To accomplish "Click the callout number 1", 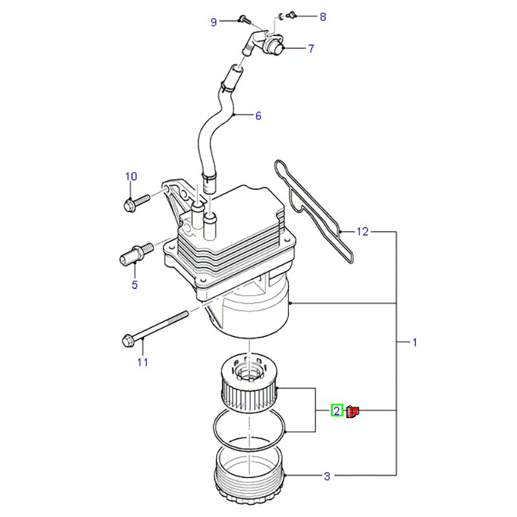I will click(415, 342).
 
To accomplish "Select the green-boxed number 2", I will click(337, 410).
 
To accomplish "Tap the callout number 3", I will click(327, 477).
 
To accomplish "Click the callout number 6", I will click(258, 116).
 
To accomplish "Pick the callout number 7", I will click(311, 48).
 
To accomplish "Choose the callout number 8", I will click(323, 16).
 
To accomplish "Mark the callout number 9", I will click(214, 23).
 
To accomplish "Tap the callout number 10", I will click(131, 176).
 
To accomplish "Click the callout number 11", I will click(143, 362).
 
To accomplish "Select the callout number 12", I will click(363, 231).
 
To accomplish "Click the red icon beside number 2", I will click(353, 411).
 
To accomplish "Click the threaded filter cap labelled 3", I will click(249, 478).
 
